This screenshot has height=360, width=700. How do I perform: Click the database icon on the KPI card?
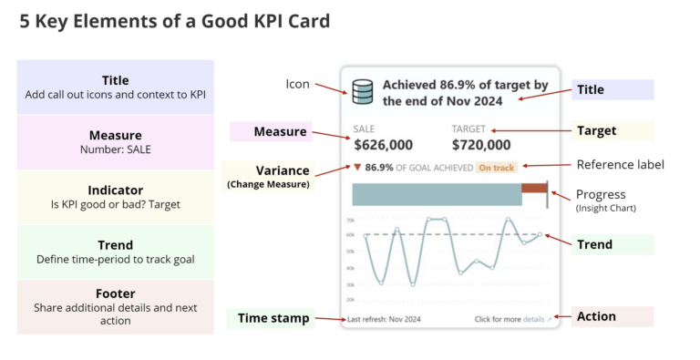coord(363,91)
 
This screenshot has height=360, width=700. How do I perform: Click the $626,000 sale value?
coord(383,144)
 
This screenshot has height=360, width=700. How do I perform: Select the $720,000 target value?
coord(481,144)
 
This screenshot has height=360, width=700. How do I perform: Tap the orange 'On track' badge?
coord(497,168)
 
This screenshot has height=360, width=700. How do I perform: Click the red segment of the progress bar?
coord(533,192)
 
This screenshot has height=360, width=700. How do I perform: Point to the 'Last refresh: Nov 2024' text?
coord(384,319)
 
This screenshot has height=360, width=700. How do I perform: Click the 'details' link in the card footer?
coord(534,319)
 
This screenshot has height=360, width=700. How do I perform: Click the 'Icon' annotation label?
coord(298,84)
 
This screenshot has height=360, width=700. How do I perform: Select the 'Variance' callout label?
coord(282,170)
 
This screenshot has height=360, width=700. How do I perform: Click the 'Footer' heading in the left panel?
coord(115,293)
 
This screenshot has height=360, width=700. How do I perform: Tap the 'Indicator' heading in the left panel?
coord(115,190)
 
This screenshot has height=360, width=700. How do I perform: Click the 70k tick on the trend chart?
coord(350,220)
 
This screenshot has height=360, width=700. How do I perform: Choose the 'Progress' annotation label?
coord(601,194)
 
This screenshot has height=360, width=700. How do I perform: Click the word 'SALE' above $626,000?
coord(364,129)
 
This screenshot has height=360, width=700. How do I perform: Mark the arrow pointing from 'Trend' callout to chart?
coord(556,240)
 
